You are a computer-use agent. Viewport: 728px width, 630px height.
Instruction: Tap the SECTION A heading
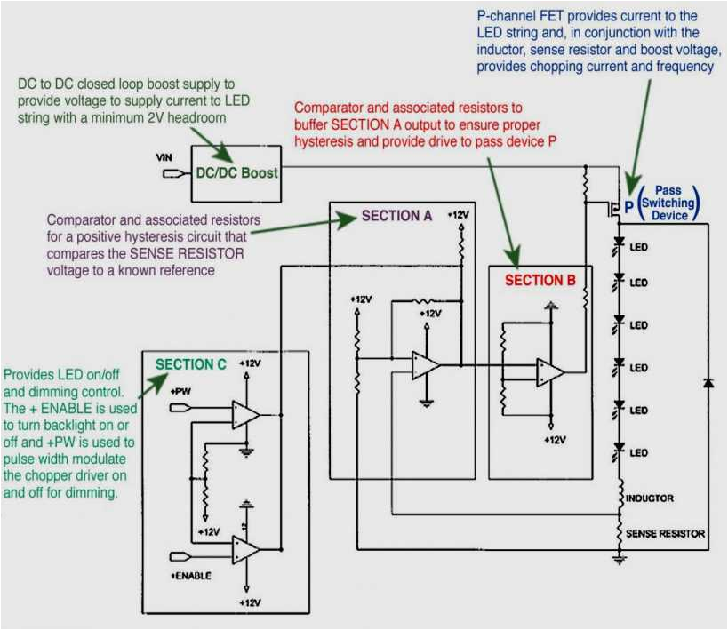click(x=396, y=216)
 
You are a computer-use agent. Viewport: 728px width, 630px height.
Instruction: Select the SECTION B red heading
click(x=534, y=280)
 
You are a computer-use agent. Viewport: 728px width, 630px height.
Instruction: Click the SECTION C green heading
click(x=190, y=364)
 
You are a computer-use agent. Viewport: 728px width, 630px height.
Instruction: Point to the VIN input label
click(x=164, y=157)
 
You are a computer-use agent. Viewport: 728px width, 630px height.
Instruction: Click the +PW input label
click(x=180, y=391)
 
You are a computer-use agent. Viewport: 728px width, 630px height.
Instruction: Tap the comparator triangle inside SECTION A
click(x=425, y=365)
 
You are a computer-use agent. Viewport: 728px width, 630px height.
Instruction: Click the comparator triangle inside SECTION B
click(x=548, y=372)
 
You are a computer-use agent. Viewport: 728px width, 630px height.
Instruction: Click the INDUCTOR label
click(x=650, y=498)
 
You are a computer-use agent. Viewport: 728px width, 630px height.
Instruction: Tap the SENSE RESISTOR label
click(x=665, y=534)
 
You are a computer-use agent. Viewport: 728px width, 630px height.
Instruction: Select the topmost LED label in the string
click(x=638, y=247)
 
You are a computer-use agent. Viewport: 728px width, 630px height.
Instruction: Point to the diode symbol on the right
click(x=708, y=382)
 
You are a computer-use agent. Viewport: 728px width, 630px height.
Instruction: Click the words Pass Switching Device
click(x=668, y=203)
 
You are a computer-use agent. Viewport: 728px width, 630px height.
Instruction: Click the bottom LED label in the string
click(x=638, y=453)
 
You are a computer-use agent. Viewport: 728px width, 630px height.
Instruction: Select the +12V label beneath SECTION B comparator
click(x=554, y=440)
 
